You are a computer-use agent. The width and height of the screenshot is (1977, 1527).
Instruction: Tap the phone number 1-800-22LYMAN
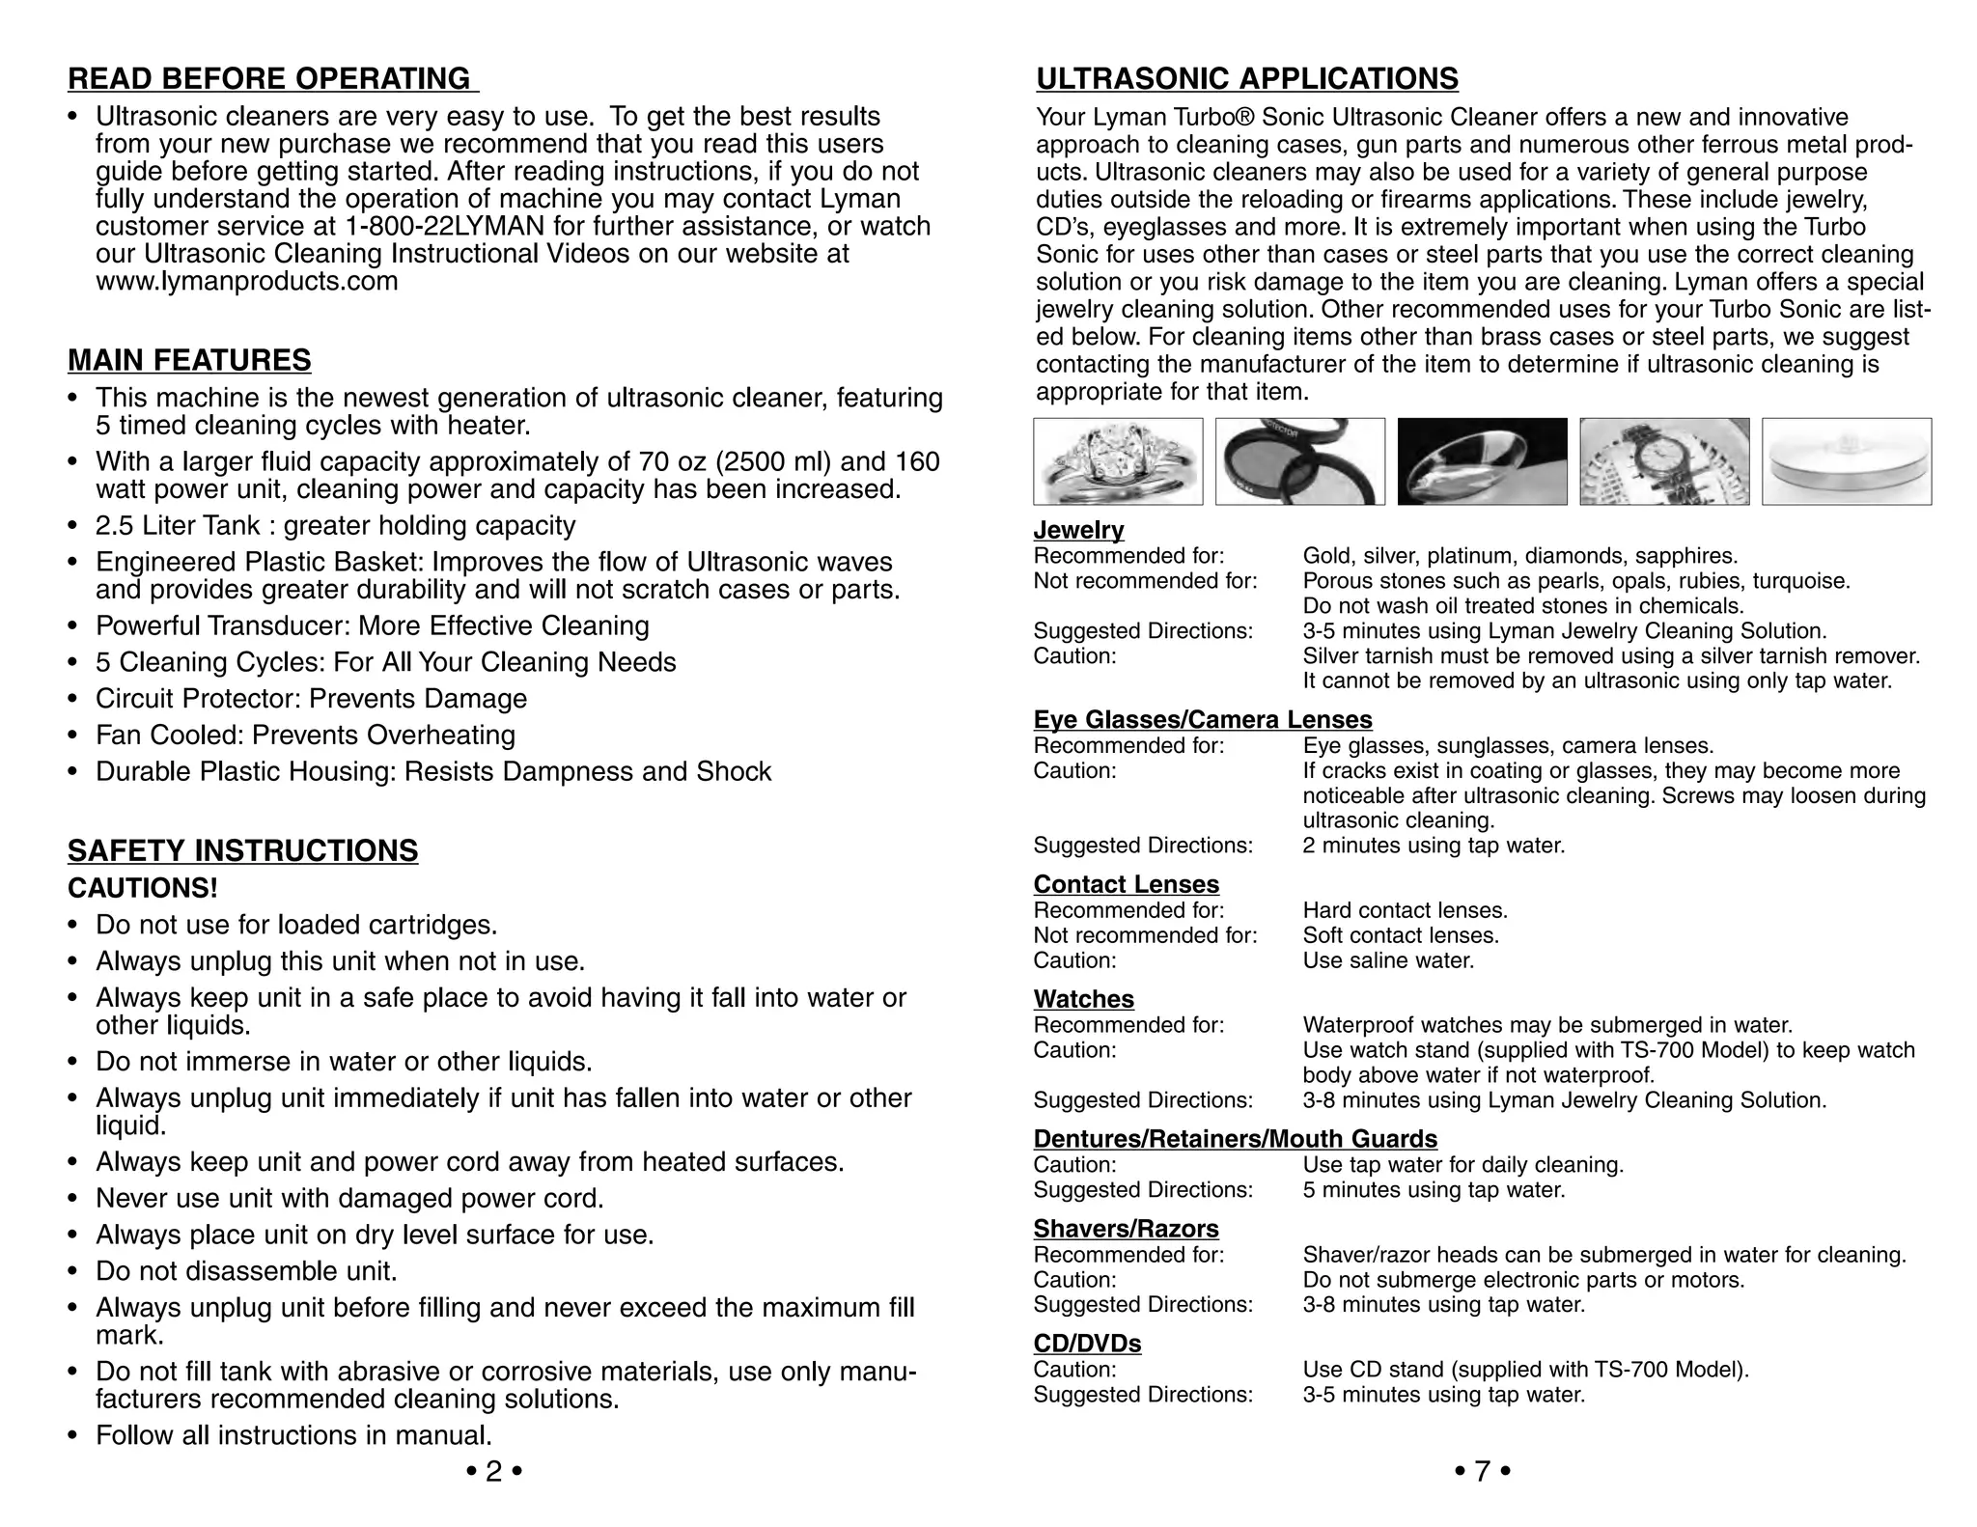point(444,227)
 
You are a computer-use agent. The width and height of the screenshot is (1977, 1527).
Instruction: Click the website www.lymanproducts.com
point(246,282)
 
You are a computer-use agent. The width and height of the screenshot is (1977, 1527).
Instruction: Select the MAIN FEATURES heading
point(189,360)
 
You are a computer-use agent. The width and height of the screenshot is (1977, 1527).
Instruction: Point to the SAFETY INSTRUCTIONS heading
point(242,850)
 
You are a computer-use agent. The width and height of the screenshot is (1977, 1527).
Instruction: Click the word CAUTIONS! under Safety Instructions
point(143,888)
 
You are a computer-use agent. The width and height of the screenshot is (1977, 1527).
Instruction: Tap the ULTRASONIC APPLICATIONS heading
point(1247,78)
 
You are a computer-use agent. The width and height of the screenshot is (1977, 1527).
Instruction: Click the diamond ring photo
point(1118,461)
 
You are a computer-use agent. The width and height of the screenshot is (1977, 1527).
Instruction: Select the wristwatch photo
point(1664,461)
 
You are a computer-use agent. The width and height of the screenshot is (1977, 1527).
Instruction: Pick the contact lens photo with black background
point(1482,461)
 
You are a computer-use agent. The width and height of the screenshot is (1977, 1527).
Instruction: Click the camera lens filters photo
point(1299,461)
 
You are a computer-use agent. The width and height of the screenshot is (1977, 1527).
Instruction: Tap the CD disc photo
point(1846,461)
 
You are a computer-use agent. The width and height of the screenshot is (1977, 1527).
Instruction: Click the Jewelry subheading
point(1078,530)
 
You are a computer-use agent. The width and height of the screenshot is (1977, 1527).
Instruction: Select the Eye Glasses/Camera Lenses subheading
point(1202,720)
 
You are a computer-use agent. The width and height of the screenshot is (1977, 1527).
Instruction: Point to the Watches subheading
point(1083,999)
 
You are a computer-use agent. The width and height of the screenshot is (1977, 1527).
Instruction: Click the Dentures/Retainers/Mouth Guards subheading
point(1235,1139)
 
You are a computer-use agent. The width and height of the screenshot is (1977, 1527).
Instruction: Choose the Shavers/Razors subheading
point(1126,1229)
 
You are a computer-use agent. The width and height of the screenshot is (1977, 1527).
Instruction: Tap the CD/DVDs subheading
point(1087,1344)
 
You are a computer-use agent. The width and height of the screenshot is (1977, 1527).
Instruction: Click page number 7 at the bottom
point(1482,1471)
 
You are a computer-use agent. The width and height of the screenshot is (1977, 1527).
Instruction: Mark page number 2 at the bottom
point(493,1471)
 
